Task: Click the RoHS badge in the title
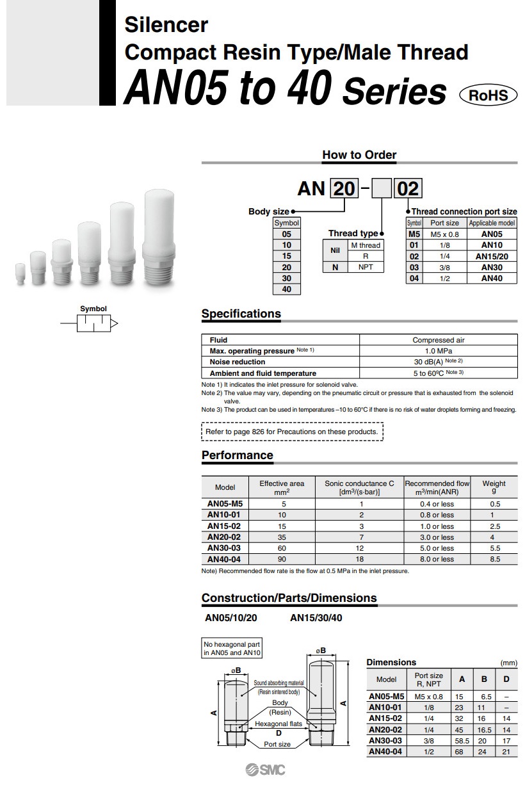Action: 488,95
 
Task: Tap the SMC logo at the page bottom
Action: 265,770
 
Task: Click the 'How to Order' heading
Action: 359,155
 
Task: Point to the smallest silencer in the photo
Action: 20,275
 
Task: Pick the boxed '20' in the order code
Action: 344,189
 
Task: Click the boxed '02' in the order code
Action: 408,189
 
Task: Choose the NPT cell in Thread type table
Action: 366,267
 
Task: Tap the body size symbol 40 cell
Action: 286,289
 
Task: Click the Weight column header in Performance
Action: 494,487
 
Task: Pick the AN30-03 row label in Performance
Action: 224,548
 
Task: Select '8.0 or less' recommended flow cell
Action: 437,559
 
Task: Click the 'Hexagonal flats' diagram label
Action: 279,724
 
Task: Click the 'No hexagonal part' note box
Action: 232,649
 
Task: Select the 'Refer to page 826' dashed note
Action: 292,432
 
